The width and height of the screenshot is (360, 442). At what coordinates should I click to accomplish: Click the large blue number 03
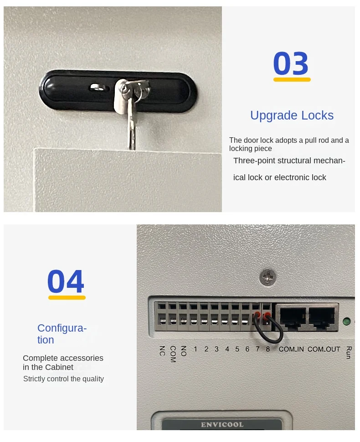291,63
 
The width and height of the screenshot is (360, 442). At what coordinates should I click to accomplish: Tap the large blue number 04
66,281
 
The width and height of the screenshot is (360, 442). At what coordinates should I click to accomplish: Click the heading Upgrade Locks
292,115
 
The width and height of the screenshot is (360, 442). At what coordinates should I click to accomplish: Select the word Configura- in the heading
62,328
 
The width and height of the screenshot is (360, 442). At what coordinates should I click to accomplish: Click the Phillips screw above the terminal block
267,277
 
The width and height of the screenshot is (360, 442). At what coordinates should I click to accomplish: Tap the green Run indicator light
346,321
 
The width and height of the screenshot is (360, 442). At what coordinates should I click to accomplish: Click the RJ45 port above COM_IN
293,317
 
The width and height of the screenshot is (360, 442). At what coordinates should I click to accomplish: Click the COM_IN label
291,349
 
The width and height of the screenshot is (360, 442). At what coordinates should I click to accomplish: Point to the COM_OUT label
324,349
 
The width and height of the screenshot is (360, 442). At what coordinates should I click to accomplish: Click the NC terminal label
162,351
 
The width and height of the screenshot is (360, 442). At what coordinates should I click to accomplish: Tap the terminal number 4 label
227,349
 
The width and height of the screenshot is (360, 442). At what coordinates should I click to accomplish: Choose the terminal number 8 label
267,349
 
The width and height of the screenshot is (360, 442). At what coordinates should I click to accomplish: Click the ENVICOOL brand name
222,425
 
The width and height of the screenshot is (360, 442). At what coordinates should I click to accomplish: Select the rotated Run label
349,353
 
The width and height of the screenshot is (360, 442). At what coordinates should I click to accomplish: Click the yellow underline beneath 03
292,80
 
